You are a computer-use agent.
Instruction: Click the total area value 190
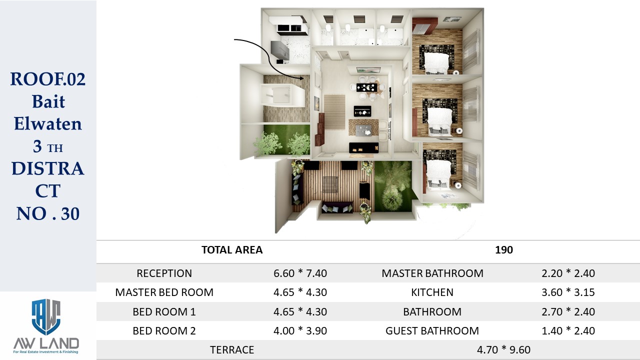tap(503, 250)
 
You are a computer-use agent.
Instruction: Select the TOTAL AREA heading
tap(232, 250)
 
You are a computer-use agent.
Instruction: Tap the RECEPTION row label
tap(164, 273)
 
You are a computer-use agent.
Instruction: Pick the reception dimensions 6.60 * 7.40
tap(300, 273)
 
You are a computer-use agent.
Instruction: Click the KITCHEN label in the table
tap(432, 292)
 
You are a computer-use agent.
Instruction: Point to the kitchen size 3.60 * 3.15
tap(568, 292)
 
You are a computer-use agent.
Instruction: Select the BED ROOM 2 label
tap(164, 331)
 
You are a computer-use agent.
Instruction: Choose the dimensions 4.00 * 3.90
tap(300, 331)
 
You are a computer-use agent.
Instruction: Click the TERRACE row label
tap(232, 350)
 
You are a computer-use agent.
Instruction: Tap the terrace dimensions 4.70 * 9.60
tap(503, 349)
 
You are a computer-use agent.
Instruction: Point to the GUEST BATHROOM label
tap(432, 331)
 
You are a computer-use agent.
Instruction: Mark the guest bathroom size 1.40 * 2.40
tap(568, 331)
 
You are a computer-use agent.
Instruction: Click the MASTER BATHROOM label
tap(432, 273)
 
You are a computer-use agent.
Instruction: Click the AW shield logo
tap(46, 317)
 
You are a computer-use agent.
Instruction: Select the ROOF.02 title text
tap(48, 79)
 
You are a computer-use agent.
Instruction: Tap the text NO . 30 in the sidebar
tap(48, 213)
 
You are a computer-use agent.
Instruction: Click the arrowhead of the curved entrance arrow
tap(301, 77)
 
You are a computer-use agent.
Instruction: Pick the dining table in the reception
tap(367, 87)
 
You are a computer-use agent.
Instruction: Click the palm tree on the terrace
tap(393, 185)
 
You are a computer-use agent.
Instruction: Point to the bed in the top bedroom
tap(436, 62)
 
